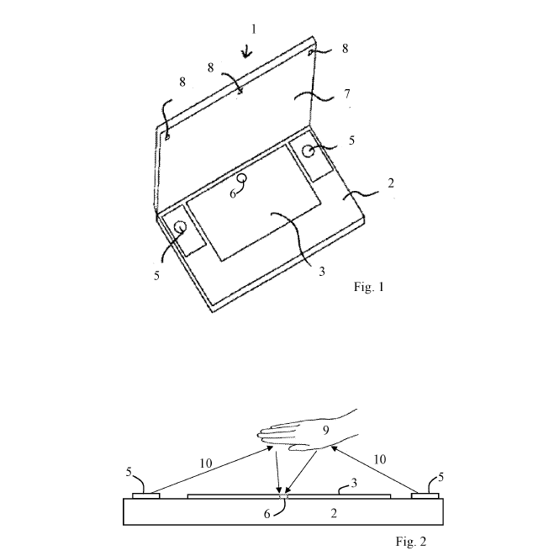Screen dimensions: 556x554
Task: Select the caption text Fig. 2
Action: tap(412, 541)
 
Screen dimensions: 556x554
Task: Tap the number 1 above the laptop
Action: tap(253, 29)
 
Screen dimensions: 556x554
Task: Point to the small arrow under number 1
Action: tap(247, 52)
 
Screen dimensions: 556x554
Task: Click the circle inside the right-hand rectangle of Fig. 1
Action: tap(309, 152)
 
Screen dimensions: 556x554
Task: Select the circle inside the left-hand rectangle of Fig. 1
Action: tap(179, 227)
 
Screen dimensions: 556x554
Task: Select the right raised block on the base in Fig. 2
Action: tap(424, 495)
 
